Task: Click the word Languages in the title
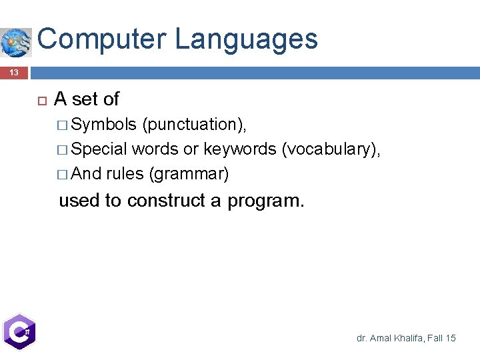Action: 246,39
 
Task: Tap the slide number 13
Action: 14,73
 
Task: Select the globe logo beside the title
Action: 15,42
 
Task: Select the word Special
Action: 99,149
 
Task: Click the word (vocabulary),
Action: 331,149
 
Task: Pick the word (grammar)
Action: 189,174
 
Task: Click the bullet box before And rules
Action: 63,175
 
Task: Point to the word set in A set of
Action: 84,99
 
